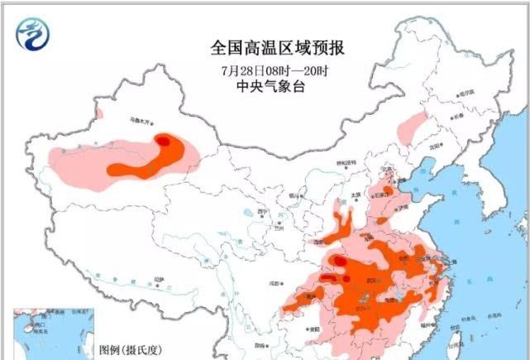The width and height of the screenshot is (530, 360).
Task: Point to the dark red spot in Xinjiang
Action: tap(165, 142)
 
